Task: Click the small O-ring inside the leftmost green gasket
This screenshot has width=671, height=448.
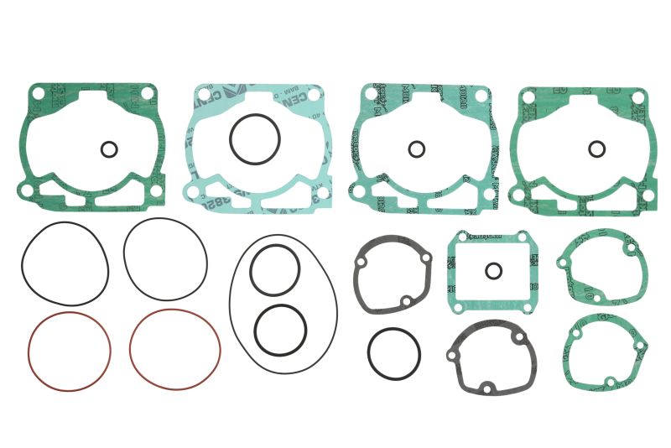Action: [108, 149]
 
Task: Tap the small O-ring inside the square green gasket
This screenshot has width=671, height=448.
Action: [493, 271]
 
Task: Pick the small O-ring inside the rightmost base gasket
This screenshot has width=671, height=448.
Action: [596, 149]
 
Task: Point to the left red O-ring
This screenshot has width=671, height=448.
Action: [70, 351]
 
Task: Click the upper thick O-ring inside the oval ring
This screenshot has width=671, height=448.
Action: [275, 270]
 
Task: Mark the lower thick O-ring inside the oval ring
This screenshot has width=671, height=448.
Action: [280, 330]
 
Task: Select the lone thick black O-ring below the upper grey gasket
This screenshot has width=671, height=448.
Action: [393, 352]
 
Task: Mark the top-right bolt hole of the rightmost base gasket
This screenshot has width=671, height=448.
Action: [644, 98]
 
